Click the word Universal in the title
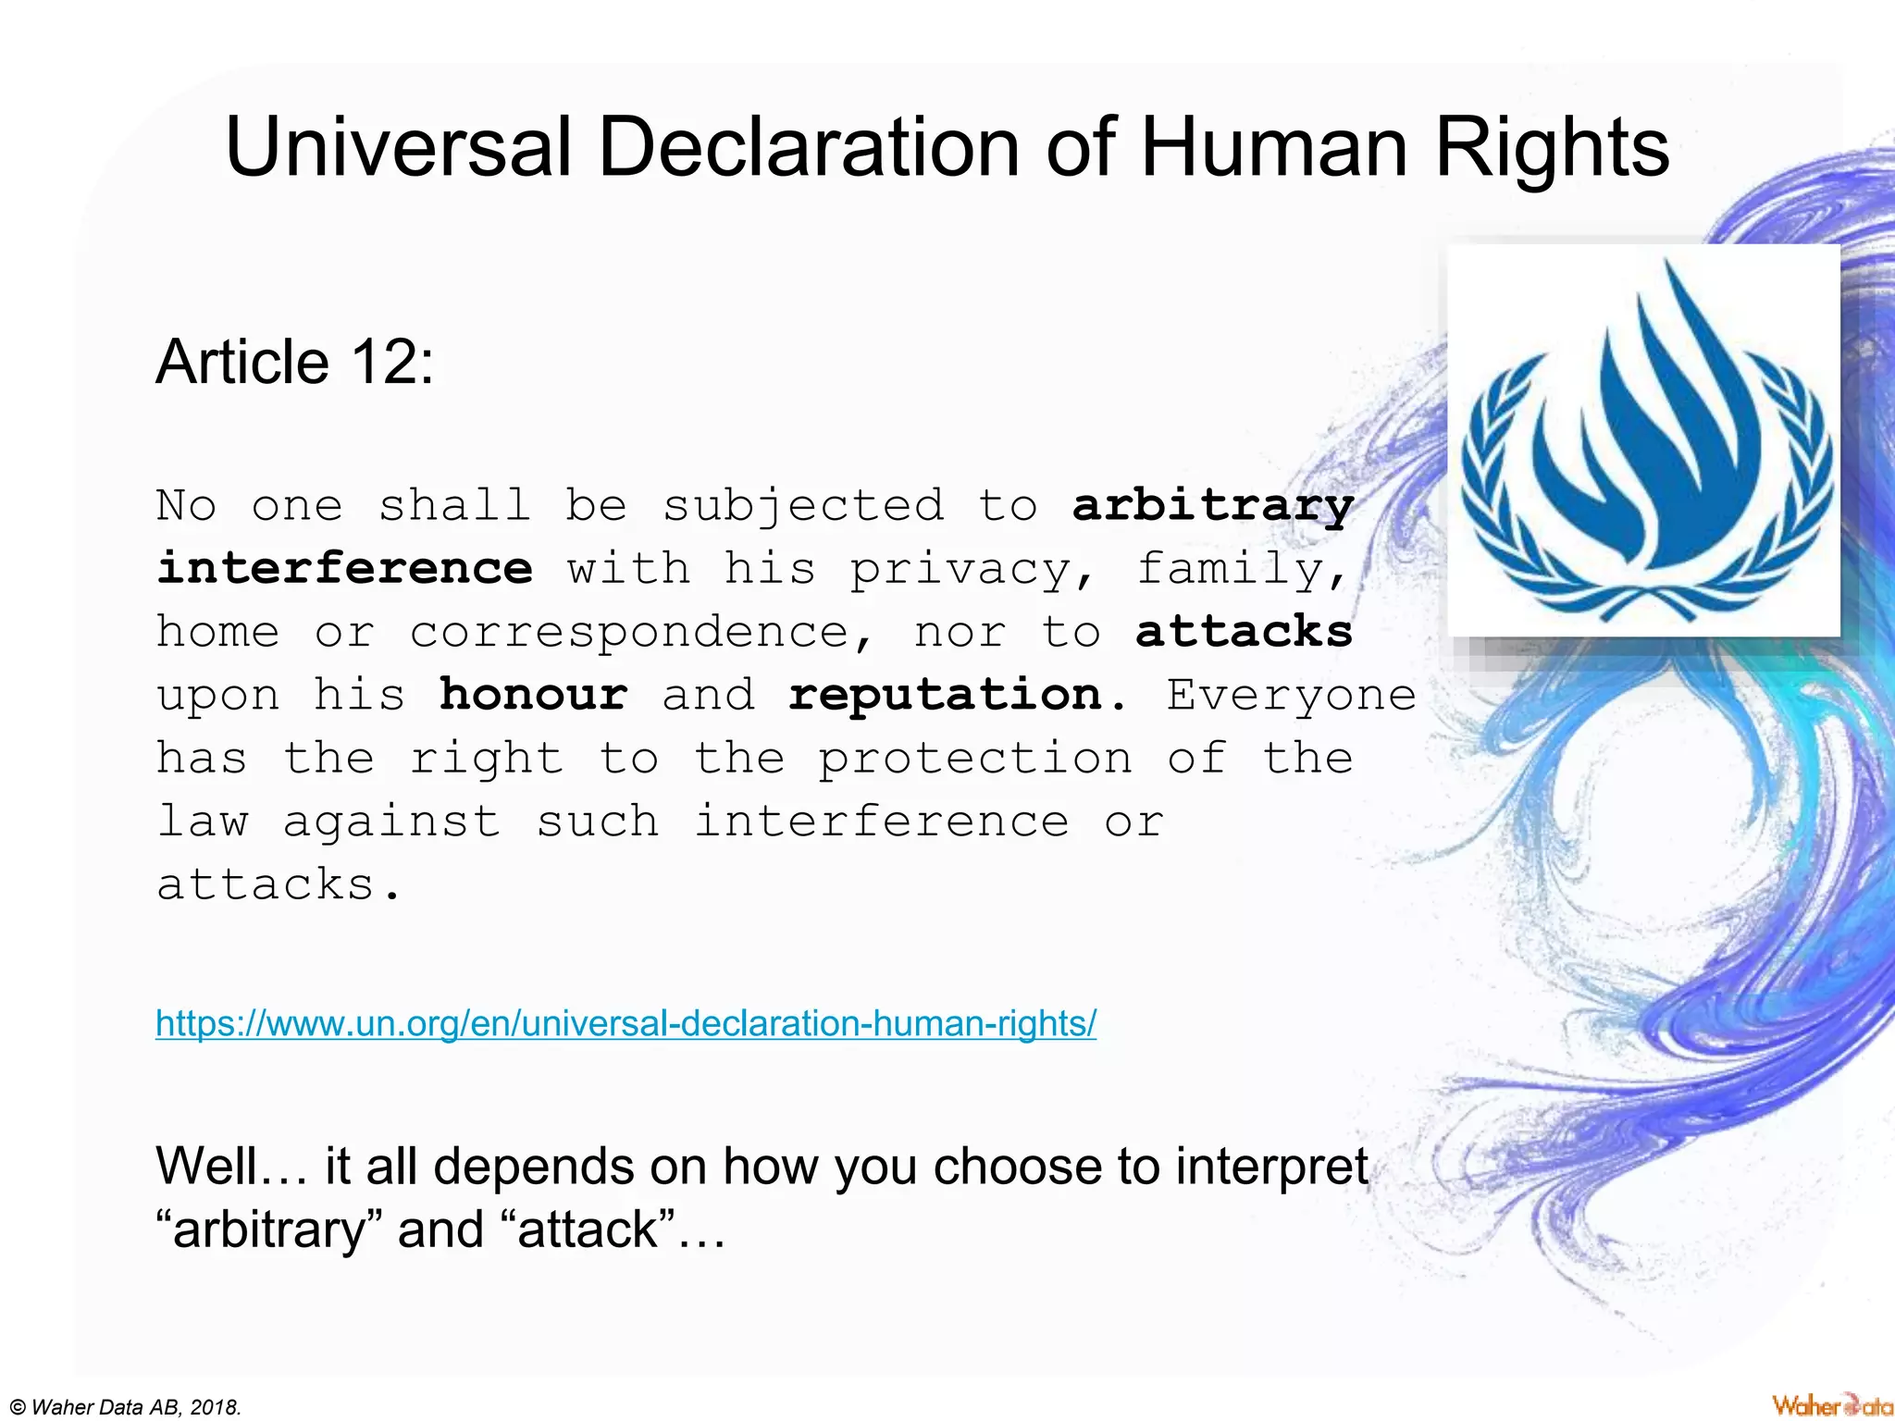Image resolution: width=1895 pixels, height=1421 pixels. click(398, 148)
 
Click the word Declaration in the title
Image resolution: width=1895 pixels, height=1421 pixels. click(809, 148)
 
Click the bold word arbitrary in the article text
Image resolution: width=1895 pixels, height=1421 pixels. click(1212, 506)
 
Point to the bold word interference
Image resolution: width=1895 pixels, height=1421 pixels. click(344, 568)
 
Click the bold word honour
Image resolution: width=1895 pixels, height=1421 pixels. click(533, 694)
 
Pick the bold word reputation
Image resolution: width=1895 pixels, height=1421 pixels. click(958, 696)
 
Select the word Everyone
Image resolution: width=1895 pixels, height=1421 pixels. click(1291, 694)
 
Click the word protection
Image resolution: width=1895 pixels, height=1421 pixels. click(975, 760)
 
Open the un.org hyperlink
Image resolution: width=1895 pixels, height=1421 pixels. click(625, 1023)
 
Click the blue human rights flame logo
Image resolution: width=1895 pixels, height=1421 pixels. click(1643, 442)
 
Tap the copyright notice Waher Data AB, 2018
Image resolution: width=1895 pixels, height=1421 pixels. click(125, 1407)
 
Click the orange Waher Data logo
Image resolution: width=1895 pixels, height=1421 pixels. click(1831, 1405)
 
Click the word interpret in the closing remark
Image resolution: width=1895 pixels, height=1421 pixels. click(1271, 1166)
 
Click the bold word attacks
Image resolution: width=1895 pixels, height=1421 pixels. click(1244, 632)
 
